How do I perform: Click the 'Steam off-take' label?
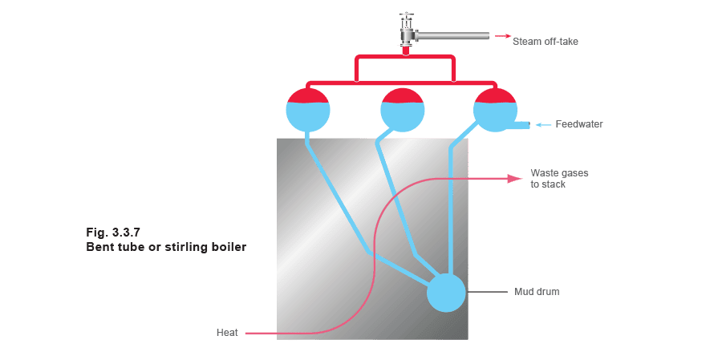[x=546, y=42]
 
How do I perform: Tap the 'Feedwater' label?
[x=578, y=124]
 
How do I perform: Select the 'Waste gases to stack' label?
[x=559, y=179]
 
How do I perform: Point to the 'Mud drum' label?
[x=537, y=292]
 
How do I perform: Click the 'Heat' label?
[x=227, y=333]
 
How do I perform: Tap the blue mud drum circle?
[x=446, y=293]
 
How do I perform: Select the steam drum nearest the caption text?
[x=308, y=111]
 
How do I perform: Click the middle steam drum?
[x=403, y=111]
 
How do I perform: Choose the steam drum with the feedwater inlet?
[x=496, y=111]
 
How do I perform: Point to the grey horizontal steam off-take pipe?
[x=452, y=36]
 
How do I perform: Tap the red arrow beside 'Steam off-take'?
[x=503, y=36]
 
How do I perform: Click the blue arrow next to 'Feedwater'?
[x=543, y=124]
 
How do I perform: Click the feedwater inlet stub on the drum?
[x=522, y=124]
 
